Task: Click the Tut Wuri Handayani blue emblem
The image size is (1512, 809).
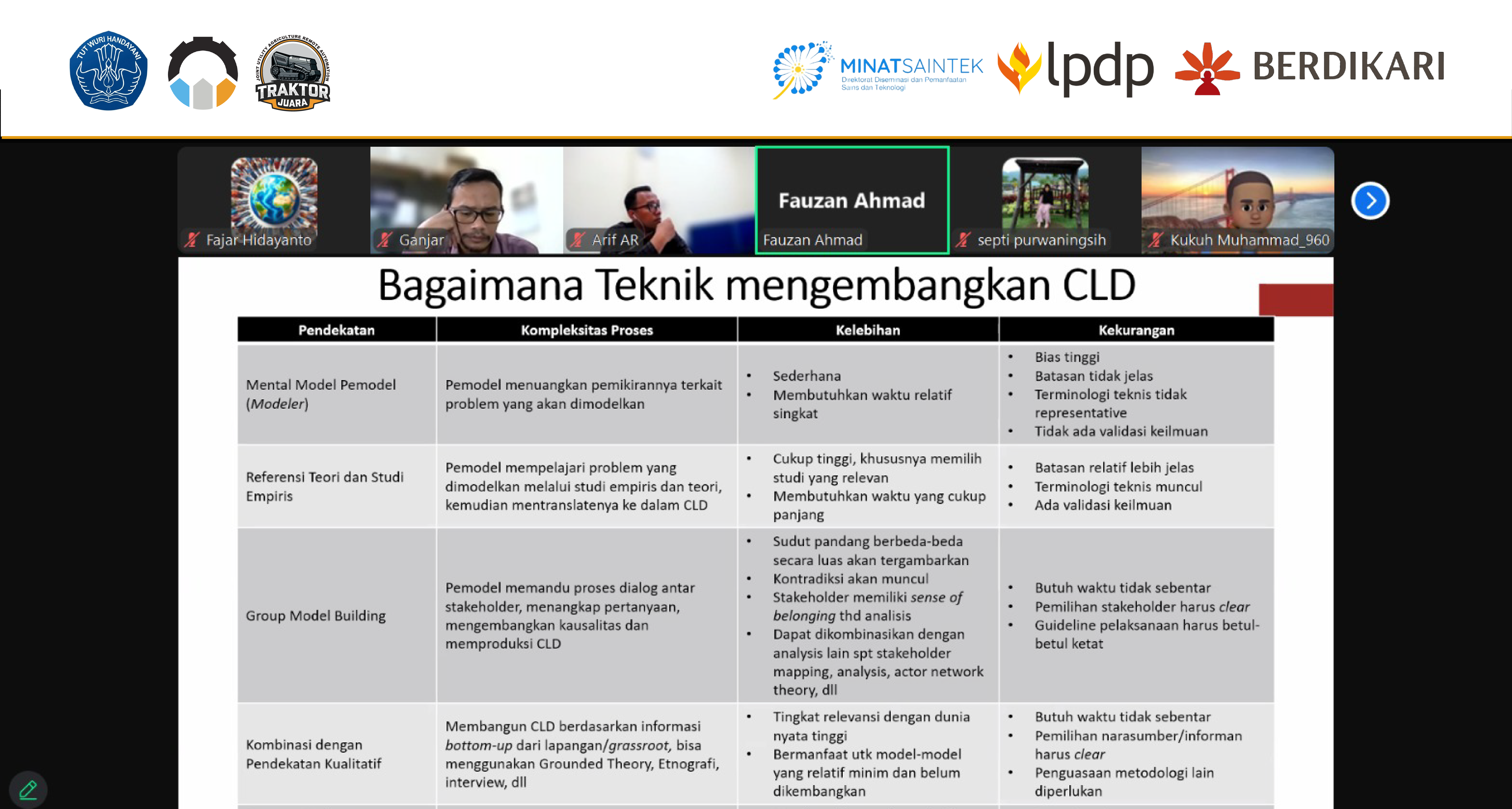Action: coord(109,70)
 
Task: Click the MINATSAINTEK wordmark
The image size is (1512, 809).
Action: coord(912,66)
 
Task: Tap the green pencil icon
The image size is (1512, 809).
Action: coord(28,790)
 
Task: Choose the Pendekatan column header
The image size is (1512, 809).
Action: coord(336,330)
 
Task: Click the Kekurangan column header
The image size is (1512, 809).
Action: coord(1136,330)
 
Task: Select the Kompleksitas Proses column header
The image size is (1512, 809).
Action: coord(587,330)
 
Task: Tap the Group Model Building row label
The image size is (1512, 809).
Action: coord(316,615)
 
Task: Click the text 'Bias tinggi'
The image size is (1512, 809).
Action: coord(1067,357)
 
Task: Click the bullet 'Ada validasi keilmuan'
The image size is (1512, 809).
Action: coord(1103,505)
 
